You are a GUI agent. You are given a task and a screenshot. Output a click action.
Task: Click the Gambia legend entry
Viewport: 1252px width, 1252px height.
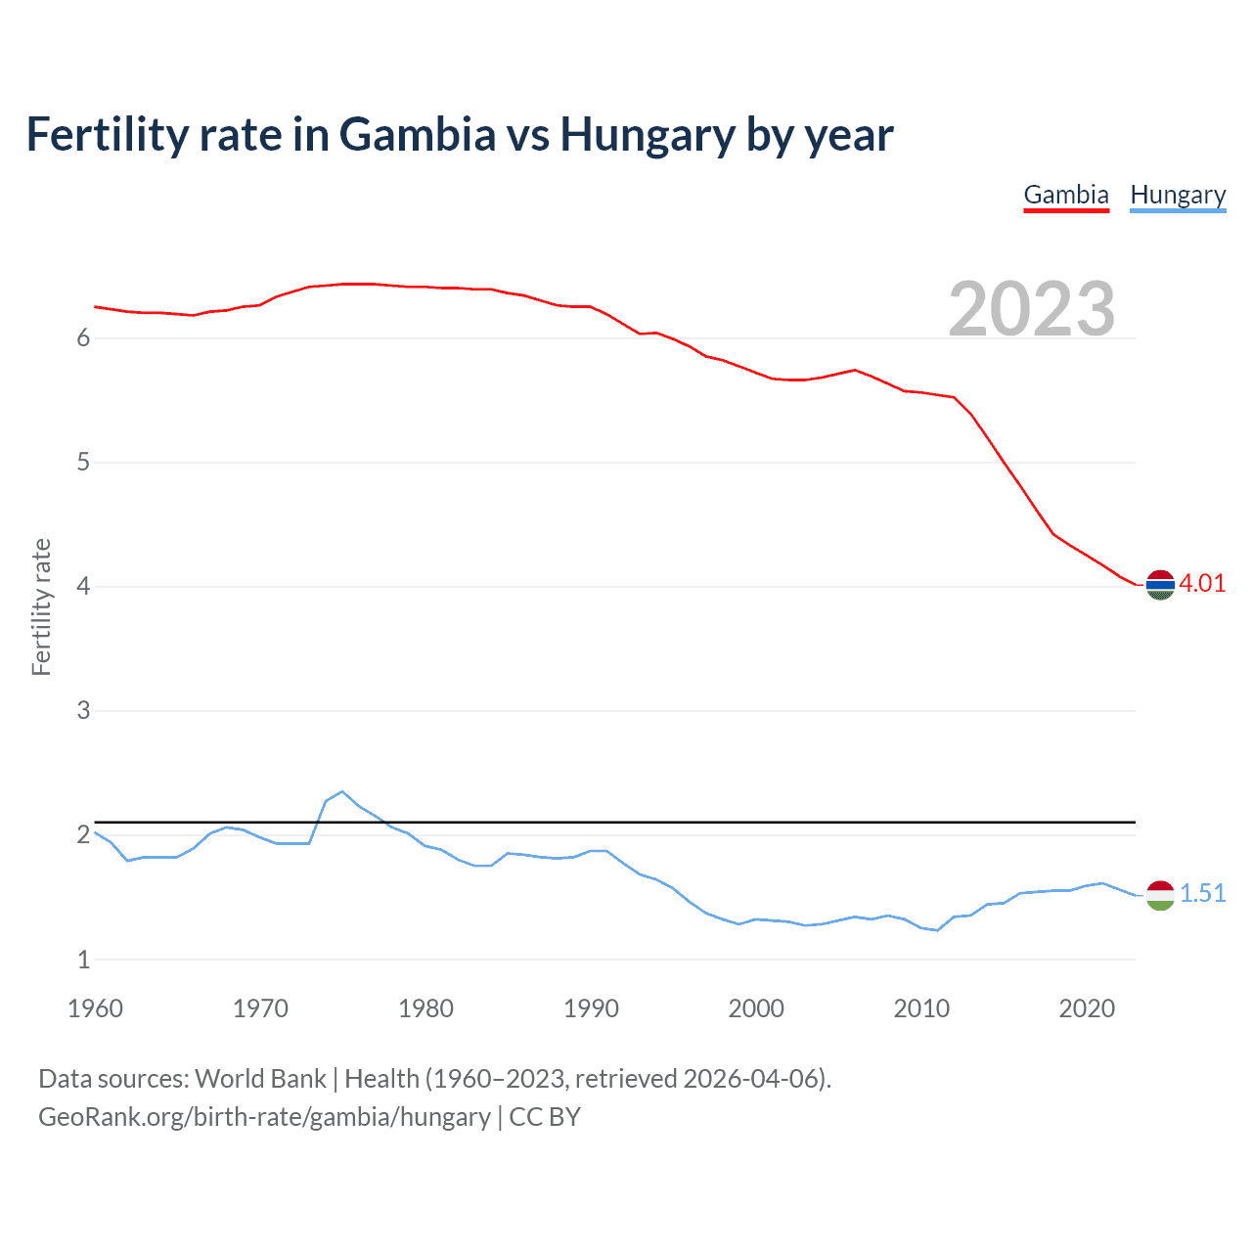pyautogui.click(x=1066, y=195)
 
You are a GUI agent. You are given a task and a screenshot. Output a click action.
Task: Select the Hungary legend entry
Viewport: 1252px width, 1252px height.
pyautogui.click(x=1178, y=195)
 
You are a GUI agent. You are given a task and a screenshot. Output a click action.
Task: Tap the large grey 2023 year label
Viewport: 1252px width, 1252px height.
pyautogui.click(x=1032, y=309)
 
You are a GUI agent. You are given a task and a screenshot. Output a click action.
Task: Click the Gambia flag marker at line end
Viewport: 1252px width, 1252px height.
pyautogui.click(x=1160, y=585)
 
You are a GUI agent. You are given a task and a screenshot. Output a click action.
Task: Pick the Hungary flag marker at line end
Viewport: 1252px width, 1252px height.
pyautogui.click(x=1160, y=895)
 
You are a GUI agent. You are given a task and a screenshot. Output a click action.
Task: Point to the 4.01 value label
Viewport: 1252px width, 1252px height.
pyautogui.click(x=1202, y=584)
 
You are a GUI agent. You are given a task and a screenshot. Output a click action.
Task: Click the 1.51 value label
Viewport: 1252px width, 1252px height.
pyautogui.click(x=1202, y=894)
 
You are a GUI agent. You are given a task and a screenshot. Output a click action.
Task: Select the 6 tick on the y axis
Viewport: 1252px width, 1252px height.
pyautogui.click(x=83, y=338)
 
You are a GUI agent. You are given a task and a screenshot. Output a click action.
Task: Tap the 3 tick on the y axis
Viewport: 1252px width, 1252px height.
pyautogui.click(x=83, y=711)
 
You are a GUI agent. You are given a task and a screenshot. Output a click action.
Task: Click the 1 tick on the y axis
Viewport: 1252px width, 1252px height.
pyautogui.click(x=83, y=960)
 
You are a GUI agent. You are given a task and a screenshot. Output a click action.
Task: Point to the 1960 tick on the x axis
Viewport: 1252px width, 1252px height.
pyautogui.click(x=95, y=1008)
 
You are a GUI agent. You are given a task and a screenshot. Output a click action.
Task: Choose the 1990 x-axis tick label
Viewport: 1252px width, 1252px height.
pyautogui.click(x=591, y=1008)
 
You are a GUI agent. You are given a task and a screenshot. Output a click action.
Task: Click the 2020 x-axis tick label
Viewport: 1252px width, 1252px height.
pyautogui.click(x=1087, y=1008)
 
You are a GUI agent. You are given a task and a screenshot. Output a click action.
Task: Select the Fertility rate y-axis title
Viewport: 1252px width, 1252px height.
pyautogui.click(x=41, y=606)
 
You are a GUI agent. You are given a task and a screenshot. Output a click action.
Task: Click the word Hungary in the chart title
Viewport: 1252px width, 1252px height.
pyautogui.click(x=647, y=135)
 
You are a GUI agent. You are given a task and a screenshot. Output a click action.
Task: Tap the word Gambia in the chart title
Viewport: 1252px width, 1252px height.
pyautogui.click(x=418, y=135)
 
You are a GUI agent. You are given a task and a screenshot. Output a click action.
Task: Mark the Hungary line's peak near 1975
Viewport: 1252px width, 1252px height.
pyautogui.click(x=342, y=791)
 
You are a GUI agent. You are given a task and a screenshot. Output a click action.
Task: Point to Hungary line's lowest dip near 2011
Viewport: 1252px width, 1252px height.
pyautogui.click(x=937, y=930)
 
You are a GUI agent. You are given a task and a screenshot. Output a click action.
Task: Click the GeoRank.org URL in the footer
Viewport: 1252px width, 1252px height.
pyautogui.click(x=264, y=1117)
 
